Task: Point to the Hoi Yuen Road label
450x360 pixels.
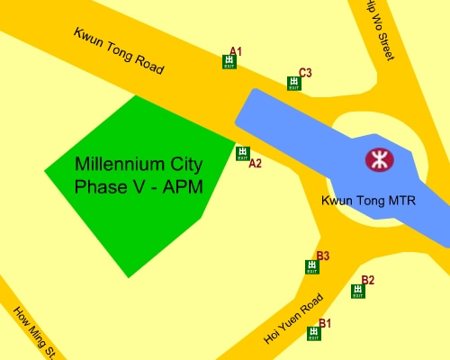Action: click(x=292, y=319)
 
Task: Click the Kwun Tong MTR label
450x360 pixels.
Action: click(x=368, y=199)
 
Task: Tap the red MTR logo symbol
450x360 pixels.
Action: click(x=378, y=160)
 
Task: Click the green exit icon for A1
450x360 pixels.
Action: click(x=229, y=62)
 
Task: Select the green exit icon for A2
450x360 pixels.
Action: click(x=242, y=153)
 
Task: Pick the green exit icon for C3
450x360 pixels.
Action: click(x=293, y=84)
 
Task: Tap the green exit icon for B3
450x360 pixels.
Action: click(x=312, y=266)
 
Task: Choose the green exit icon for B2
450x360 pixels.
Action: click(x=358, y=291)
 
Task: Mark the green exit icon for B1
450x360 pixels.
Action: click(x=313, y=333)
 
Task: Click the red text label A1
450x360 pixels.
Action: click(x=236, y=51)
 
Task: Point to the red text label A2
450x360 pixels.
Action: click(x=255, y=164)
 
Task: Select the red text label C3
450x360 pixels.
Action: click(x=305, y=73)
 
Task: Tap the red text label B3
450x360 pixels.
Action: click(x=323, y=256)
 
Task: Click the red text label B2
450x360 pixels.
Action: click(x=367, y=280)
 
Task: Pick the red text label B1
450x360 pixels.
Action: click(x=325, y=322)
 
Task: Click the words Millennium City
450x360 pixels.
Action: click(x=139, y=166)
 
